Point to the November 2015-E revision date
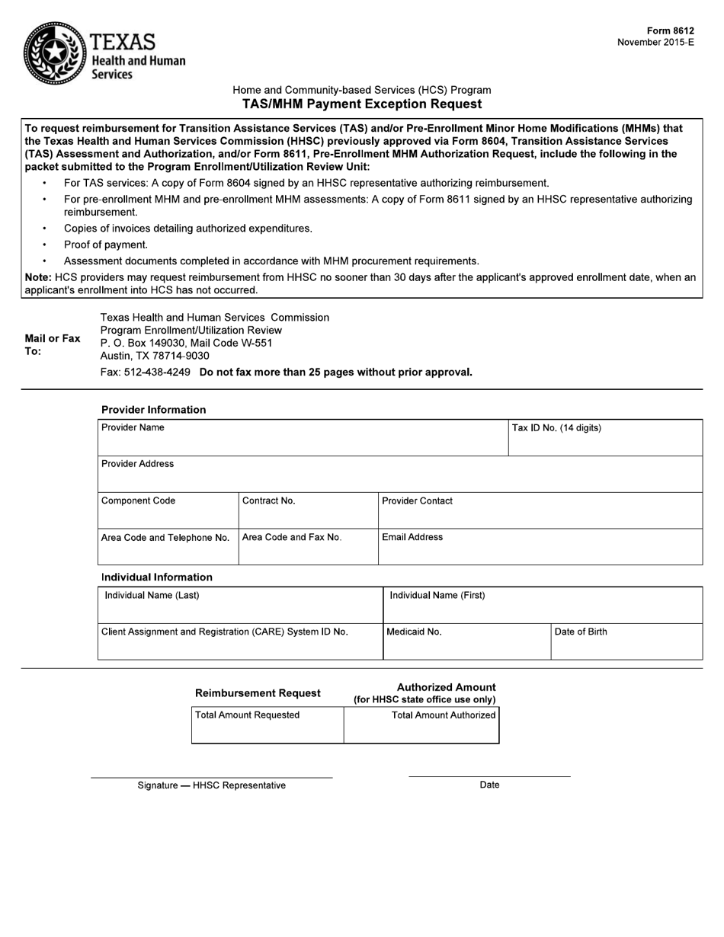point(655,43)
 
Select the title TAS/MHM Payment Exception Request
point(362,104)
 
